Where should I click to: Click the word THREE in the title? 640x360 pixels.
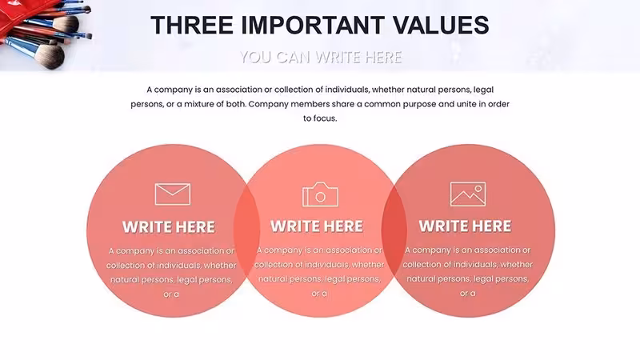pyautogui.click(x=191, y=25)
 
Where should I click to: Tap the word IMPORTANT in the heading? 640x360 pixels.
pyautogui.click(x=313, y=25)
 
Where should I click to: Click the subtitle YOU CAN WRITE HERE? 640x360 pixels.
pyautogui.click(x=321, y=57)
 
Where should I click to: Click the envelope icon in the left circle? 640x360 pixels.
pyautogui.click(x=173, y=194)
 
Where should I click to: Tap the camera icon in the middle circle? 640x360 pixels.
pyautogui.click(x=321, y=194)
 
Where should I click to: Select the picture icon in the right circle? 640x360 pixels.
pyautogui.click(x=468, y=194)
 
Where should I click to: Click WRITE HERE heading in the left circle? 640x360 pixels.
pyautogui.click(x=169, y=227)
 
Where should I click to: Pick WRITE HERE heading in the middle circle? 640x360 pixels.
pyautogui.click(x=317, y=226)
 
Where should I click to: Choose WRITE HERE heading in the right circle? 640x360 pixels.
pyautogui.click(x=465, y=226)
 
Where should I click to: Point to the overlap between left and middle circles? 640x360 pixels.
pyautogui.click(x=246, y=230)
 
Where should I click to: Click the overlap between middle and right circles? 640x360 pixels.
pyautogui.click(x=394, y=230)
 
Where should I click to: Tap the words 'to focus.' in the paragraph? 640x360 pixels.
pyautogui.click(x=320, y=118)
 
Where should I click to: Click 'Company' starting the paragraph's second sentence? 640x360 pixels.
pyautogui.click(x=268, y=104)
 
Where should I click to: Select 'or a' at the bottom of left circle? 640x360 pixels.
pyautogui.click(x=171, y=294)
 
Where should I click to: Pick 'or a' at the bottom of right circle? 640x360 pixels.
pyautogui.click(x=468, y=294)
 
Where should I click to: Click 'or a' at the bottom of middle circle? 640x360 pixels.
pyautogui.click(x=319, y=294)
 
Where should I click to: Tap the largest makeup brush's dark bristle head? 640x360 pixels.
pyautogui.click(x=52, y=57)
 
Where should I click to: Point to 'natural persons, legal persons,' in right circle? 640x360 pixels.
pyautogui.click(x=468, y=279)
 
